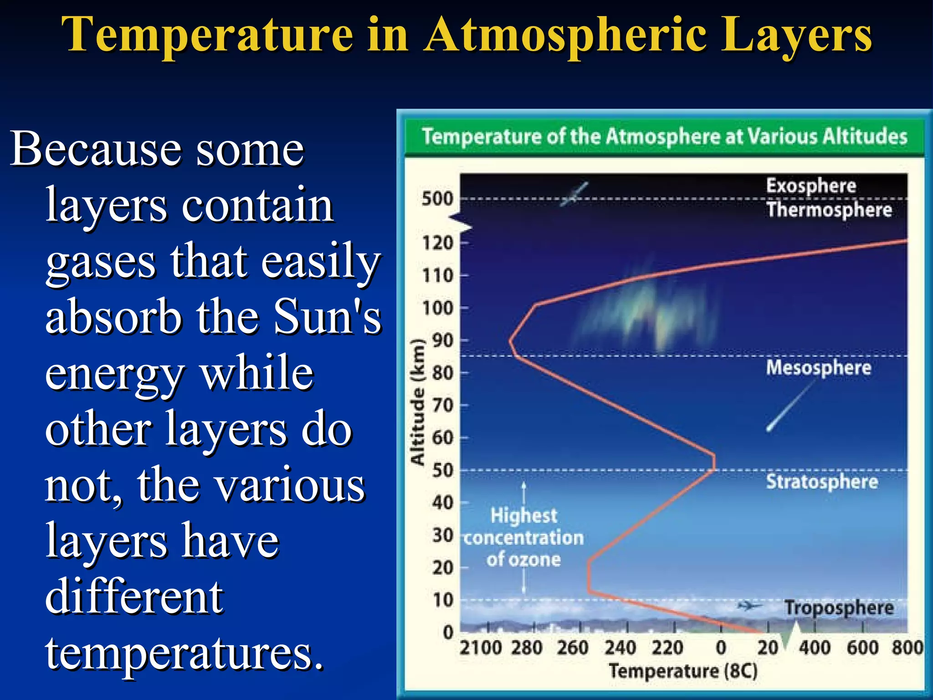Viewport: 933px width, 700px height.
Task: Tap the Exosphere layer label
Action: (811, 186)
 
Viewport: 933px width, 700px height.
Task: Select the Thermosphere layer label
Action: (829, 210)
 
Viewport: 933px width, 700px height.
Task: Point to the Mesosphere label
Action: (818, 368)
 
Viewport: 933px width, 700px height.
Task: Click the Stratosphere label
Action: (822, 482)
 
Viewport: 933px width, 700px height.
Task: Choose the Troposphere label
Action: (838, 608)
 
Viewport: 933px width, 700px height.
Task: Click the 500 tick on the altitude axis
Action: (437, 199)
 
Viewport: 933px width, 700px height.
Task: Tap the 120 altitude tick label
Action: (438, 243)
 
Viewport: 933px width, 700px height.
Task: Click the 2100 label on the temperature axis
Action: (480, 648)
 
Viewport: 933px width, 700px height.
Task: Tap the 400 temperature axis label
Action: (815, 648)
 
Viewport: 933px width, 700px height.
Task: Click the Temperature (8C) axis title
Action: (683, 671)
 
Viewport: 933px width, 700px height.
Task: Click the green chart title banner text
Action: (664, 137)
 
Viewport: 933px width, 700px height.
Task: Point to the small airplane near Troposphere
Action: (749, 606)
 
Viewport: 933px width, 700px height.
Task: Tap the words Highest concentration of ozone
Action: (523, 538)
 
